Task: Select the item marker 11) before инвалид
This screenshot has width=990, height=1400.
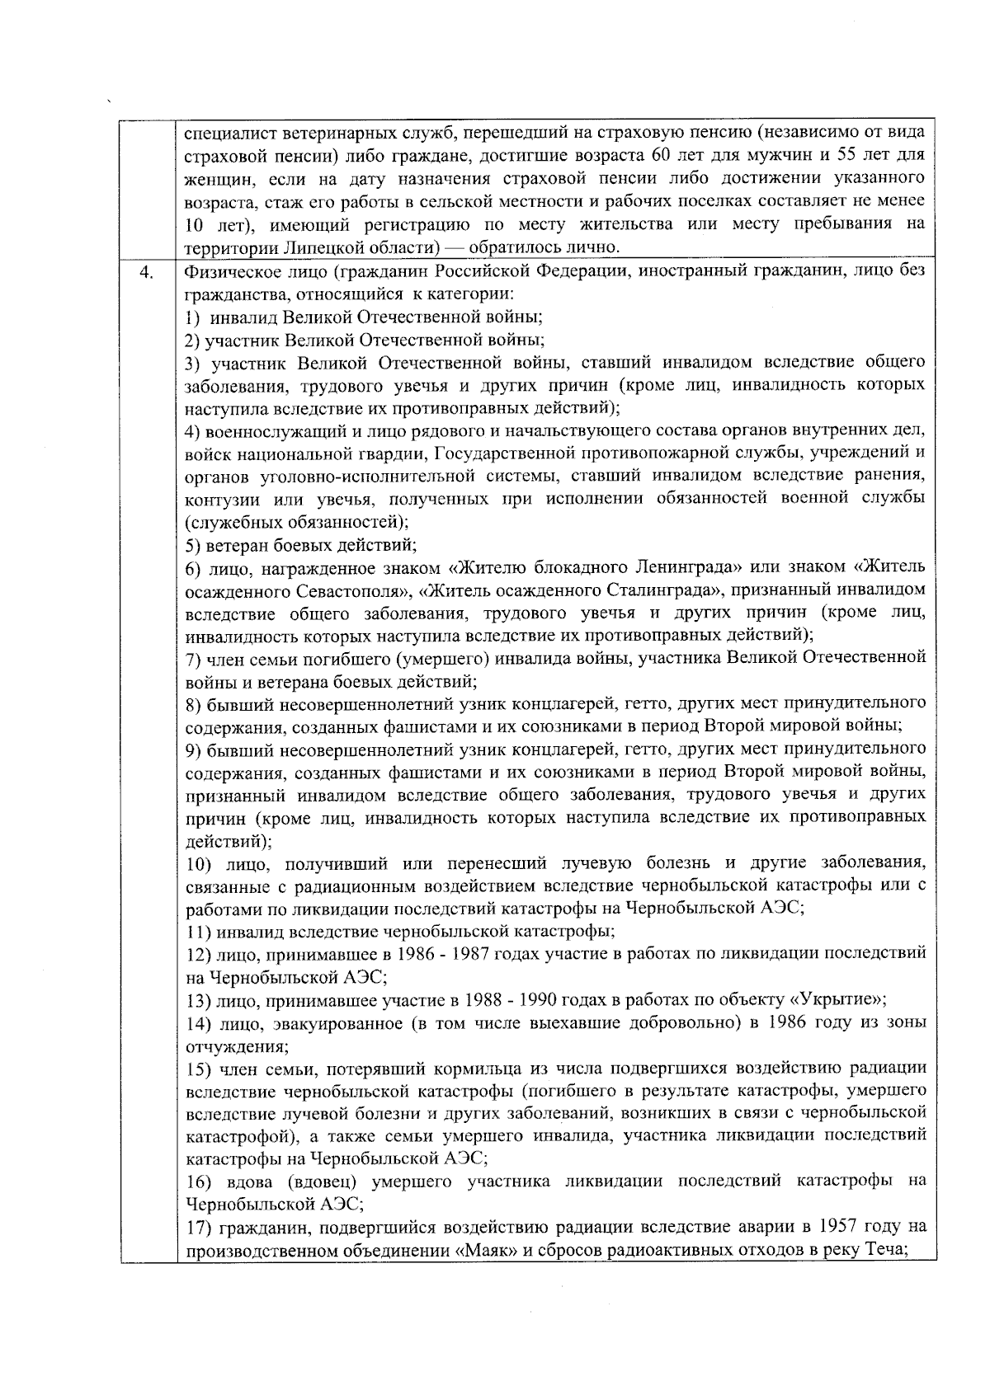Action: click(x=198, y=932)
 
